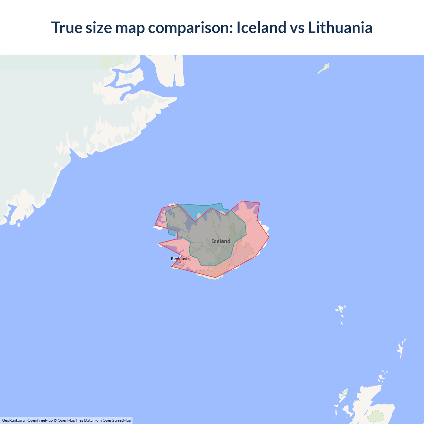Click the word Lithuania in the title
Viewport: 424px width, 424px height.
pyautogui.click(x=340, y=27)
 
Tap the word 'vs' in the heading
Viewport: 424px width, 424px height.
pyautogui.click(x=297, y=27)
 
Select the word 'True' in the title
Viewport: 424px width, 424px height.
pyautogui.click(x=66, y=27)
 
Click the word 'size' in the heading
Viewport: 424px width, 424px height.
pyautogui.click(x=99, y=27)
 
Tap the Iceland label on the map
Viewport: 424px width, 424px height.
pyautogui.click(x=221, y=241)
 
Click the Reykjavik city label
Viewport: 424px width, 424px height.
pyautogui.click(x=180, y=259)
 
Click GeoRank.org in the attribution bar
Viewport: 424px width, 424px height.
pyautogui.click(x=13, y=420)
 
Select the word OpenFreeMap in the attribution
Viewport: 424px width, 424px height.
pyautogui.click(x=40, y=420)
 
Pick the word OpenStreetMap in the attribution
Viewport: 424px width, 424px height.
pyautogui.click(x=117, y=420)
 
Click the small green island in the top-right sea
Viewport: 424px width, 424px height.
pyautogui.click(x=324, y=69)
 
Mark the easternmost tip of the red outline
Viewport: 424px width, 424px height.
pyautogui.click(x=269, y=238)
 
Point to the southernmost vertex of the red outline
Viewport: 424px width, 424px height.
pyautogui.click(x=215, y=278)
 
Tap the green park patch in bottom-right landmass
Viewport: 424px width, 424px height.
pyautogui.click(x=377, y=416)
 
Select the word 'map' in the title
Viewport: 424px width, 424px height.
pyautogui.click(x=130, y=27)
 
